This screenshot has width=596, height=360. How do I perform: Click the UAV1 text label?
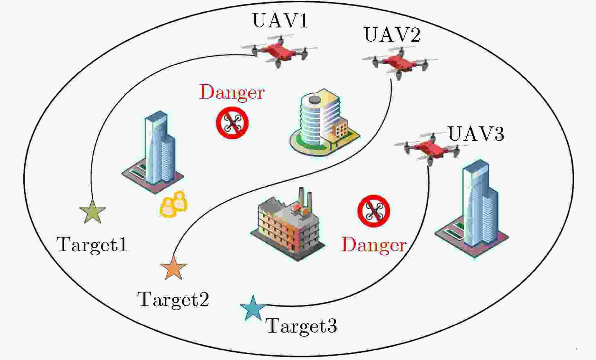click(280, 21)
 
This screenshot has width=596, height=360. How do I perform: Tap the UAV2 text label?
click(392, 35)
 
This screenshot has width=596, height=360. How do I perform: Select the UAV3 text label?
click(476, 134)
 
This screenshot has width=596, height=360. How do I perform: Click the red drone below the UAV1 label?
click(279, 51)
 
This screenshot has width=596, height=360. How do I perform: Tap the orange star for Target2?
click(173, 267)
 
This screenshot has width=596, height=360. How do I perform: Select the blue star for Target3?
click(253, 308)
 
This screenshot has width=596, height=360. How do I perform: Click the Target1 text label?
click(92, 245)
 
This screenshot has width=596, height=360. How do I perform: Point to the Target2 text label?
click(173, 299)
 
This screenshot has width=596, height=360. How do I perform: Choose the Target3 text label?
click(302, 326)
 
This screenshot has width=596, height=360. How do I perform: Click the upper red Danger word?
click(232, 92)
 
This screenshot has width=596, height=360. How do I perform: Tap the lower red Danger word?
click(374, 245)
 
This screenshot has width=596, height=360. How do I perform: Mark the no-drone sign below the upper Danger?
click(232, 123)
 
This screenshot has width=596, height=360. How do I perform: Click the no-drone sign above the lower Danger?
click(374, 211)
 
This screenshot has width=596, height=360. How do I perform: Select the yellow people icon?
click(174, 204)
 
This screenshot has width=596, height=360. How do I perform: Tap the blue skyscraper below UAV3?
click(471, 208)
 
